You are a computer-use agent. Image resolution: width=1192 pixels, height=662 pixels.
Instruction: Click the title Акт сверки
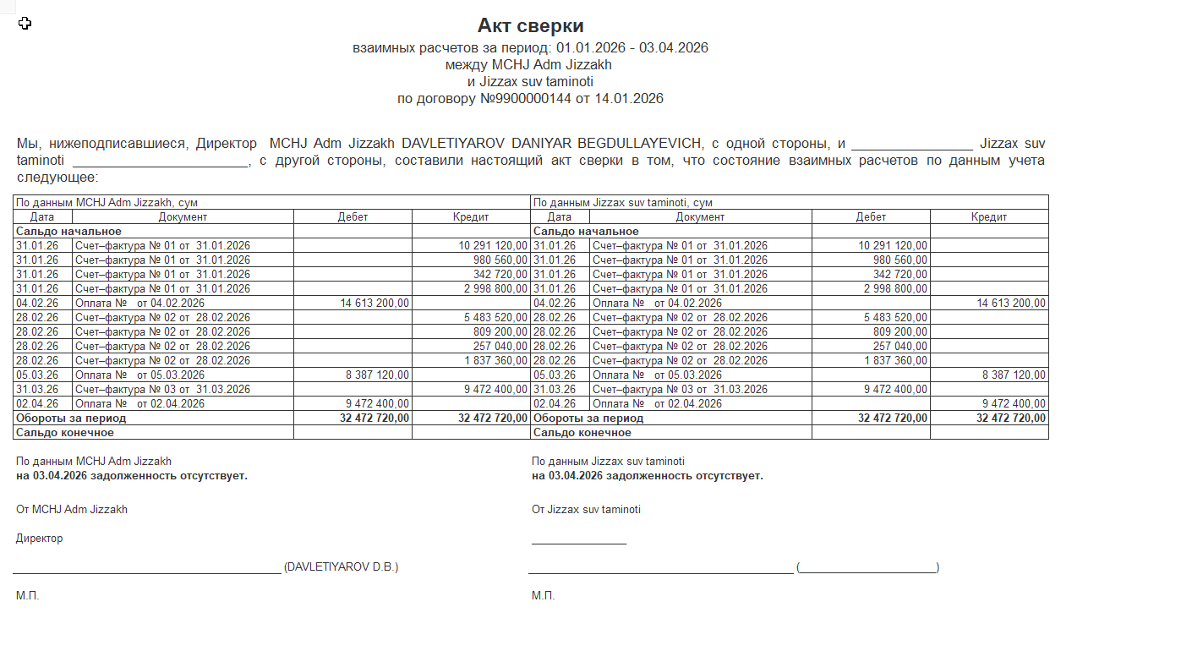pos(530,25)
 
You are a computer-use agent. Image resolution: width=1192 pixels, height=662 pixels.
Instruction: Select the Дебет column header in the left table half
pos(353,217)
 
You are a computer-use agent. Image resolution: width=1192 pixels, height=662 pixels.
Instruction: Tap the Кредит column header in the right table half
pos(989,217)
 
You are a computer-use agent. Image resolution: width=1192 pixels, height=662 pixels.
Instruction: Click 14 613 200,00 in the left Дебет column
pos(375,304)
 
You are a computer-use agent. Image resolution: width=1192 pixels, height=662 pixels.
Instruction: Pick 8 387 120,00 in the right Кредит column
pos(1014,375)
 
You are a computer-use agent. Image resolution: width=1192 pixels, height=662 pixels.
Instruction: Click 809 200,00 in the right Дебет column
pos(899,332)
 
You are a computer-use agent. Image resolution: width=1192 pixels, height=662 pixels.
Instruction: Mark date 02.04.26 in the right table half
pos(555,404)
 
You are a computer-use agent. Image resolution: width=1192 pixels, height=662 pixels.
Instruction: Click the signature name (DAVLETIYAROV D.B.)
pos(341,567)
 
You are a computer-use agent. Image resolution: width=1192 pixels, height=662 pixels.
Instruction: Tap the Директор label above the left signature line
pos(39,539)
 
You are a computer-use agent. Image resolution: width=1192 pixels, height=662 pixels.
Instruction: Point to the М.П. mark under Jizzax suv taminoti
pos(543,596)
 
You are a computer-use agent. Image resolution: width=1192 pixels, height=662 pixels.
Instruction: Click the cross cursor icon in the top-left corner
pos(25,24)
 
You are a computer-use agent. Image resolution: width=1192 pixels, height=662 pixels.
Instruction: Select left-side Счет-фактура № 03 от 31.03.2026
pos(162,390)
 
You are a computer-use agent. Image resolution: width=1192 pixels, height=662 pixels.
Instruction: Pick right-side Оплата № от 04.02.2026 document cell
pos(657,304)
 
